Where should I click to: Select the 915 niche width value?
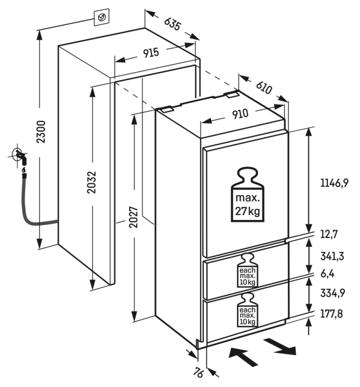(151, 53)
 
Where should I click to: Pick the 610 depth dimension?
(263, 86)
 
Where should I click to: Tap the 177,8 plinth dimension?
(331, 313)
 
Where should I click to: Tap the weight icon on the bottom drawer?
(247, 311)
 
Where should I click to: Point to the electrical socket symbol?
(101, 17)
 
